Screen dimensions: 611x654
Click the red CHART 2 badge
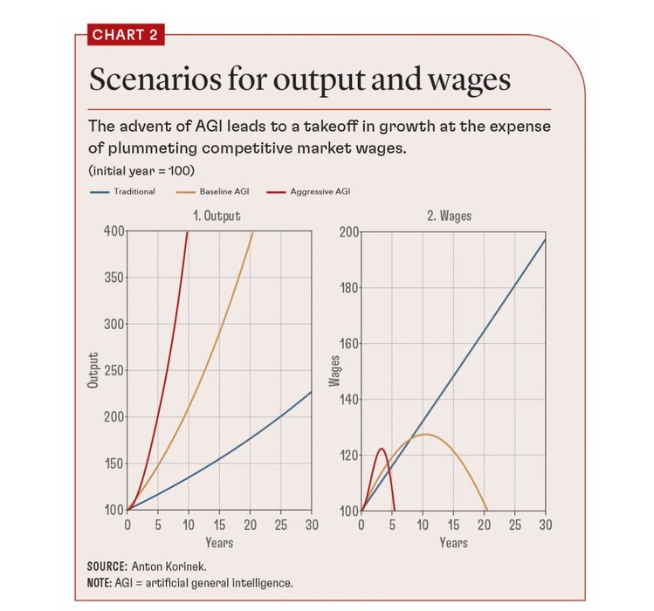[x=124, y=36]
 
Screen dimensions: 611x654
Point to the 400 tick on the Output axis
[x=113, y=231]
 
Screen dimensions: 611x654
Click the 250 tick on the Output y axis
[x=113, y=370]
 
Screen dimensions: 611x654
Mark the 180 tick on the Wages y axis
[x=347, y=287]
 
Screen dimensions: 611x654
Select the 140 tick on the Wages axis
[x=347, y=399]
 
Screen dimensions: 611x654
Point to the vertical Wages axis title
[x=333, y=370]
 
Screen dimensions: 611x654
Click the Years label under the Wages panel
[x=453, y=543]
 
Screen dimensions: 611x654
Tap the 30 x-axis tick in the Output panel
[x=311, y=525]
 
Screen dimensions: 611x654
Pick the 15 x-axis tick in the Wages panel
[x=453, y=525]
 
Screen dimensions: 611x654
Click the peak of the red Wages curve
[x=382, y=449]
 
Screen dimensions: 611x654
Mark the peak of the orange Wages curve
[x=424, y=434]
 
